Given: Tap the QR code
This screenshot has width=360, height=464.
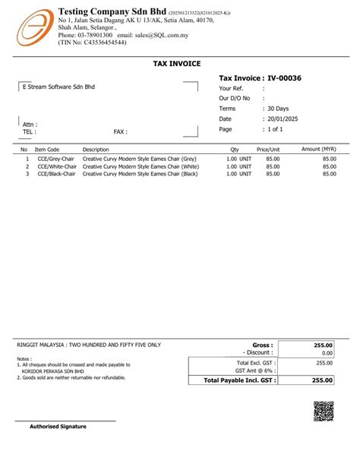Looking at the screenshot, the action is tap(323, 412).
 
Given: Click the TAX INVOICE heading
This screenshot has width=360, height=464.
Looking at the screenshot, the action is tap(177, 64).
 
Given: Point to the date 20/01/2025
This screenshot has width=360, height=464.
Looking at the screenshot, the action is tap(285, 119).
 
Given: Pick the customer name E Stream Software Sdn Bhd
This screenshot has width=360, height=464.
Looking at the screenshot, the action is tap(58, 87).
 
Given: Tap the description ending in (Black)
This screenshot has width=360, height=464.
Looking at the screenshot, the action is tap(140, 174).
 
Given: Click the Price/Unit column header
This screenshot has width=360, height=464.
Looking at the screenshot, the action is tap(268, 150).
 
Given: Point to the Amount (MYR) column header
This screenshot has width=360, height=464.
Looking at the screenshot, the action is tap(319, 149).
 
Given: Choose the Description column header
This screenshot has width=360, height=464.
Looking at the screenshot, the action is tap(96, 150).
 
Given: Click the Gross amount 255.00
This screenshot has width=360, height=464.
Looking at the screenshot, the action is tap(324, 345).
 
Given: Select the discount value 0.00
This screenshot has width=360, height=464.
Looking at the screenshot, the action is tap(327, 353).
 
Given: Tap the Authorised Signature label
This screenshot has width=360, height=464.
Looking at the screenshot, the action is tap(58, 426).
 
